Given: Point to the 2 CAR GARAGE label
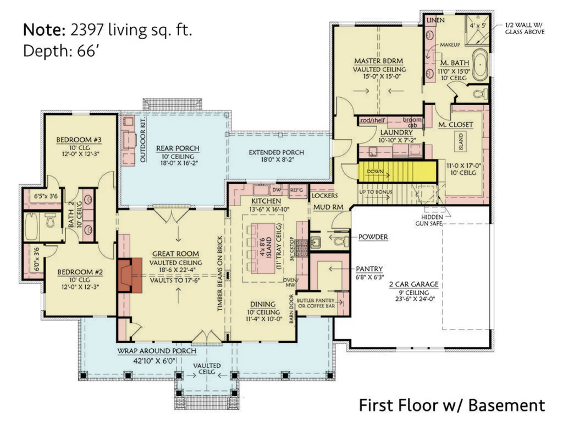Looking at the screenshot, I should pyautogui.click(x=413, y=284).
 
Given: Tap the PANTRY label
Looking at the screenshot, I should pyautogui.click(x=370, y=269).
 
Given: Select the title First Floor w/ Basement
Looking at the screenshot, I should pyautogui.click(x=452, y=406).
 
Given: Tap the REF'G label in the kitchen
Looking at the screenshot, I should pyautogui.click(x=296, y=190).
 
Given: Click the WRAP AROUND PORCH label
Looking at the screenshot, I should pyautogui.click(x=150, y=350).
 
